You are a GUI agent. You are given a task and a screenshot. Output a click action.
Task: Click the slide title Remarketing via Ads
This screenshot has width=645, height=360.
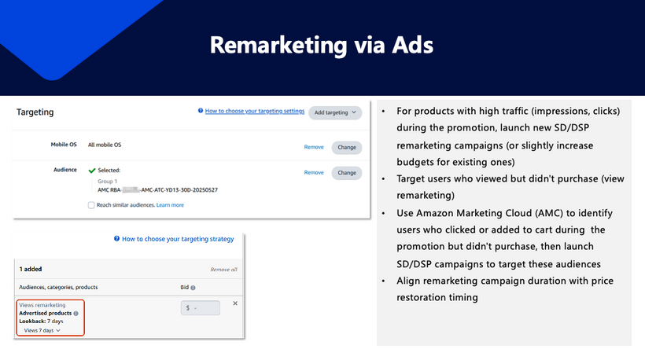click(322, 46)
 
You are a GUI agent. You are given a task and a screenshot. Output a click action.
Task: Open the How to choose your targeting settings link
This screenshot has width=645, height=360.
click(254, 112)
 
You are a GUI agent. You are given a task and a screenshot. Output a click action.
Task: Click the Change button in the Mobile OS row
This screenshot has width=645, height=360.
click(346, 147)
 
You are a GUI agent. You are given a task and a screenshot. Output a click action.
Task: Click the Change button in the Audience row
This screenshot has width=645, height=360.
click(346, 172)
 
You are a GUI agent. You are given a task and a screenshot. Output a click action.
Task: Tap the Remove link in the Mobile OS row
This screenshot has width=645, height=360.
click(314, 147)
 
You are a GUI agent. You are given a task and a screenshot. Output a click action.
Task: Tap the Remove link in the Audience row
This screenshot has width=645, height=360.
click(314, 172)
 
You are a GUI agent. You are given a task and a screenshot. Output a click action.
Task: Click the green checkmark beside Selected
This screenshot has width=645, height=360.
click(92, 170)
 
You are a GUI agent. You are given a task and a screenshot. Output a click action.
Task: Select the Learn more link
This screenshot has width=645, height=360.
click(170, 205)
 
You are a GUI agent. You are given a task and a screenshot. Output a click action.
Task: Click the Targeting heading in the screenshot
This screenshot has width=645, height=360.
click(35, 112)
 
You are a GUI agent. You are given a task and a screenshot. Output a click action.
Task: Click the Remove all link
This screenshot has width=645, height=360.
click(223, 269)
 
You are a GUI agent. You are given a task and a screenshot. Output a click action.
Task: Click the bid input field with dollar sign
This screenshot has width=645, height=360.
click(201, 308)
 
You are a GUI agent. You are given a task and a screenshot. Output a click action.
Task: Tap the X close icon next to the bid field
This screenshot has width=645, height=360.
click(235, 303)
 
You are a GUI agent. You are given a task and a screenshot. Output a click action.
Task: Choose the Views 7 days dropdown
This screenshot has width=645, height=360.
click(42, 330)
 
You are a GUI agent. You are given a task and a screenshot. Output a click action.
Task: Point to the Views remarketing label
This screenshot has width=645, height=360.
click(42, 304)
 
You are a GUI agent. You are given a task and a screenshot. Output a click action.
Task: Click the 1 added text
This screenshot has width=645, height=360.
click(31, 269)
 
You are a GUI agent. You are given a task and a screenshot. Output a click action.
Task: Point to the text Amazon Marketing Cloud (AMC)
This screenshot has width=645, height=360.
click(465, 213)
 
